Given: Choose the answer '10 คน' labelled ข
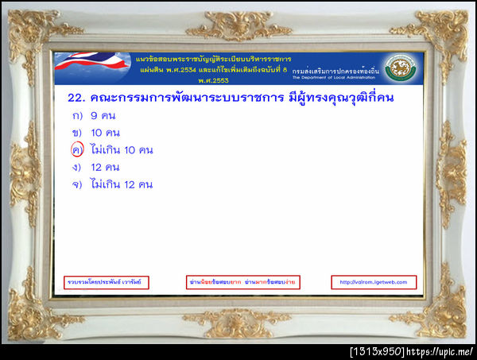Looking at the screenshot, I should coord(106,133).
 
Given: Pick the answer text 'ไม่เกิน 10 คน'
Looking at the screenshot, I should coord(122,150).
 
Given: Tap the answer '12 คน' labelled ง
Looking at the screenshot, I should coord(106,167).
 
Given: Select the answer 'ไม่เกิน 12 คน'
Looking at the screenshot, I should coord(122,184).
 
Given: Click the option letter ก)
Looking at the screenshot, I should coord(77,116).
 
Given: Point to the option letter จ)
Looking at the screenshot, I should coord(77,184).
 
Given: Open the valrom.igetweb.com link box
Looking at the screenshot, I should coord(373,281).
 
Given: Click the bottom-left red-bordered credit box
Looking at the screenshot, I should coord(107,281).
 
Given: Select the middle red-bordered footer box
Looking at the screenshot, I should coord(241,281).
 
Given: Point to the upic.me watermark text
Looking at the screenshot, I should coord(442,351).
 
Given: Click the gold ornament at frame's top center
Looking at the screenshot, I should coord(238,26).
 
